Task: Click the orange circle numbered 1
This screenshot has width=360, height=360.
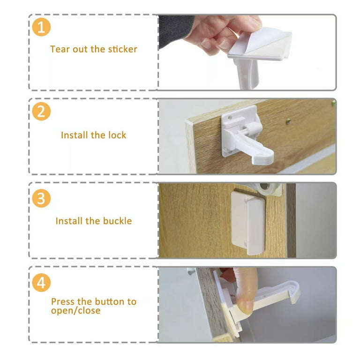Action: (41, 28)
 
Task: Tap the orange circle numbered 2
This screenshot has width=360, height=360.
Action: (41, 112)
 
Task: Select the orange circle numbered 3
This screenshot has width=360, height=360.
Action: (41, 198)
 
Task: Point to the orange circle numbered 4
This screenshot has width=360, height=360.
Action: (41, 283)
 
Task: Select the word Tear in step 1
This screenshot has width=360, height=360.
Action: (59, 49)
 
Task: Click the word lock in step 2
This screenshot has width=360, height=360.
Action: (117, 135)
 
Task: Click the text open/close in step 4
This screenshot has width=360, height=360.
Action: (75, 310)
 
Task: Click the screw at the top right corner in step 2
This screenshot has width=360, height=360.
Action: (333, 102)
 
